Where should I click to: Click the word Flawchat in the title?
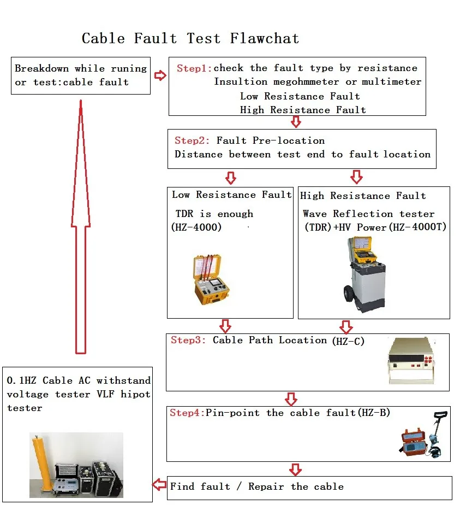(265, 39)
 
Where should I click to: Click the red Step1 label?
(194, 68)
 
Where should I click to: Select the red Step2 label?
(192, 140)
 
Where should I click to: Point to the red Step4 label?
(187, 413)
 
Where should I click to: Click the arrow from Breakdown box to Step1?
(160, 75)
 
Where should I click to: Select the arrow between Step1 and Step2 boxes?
(296, 121)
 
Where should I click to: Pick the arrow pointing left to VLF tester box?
(159, 484)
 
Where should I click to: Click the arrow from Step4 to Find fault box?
(295, 469)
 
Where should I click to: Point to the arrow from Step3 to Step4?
(291, 398)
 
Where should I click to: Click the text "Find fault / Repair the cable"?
(256, 486)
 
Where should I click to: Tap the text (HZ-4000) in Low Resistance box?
(197, 227)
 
